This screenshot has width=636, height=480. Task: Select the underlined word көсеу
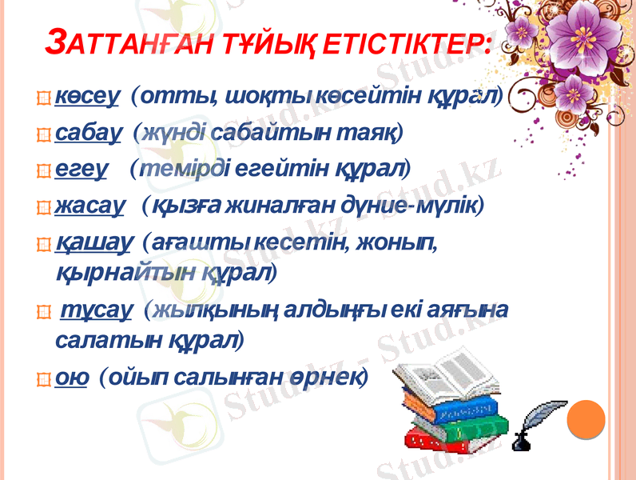pos(88,97)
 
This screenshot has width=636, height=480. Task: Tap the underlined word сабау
pos(89,131)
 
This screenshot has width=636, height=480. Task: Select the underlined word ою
pos(71,377)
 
